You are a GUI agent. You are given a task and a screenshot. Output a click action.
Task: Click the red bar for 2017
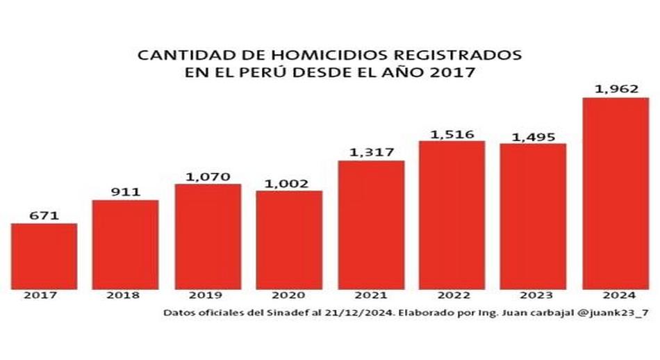coord(44,255)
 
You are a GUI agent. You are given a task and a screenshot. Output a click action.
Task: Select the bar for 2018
coord(125,243)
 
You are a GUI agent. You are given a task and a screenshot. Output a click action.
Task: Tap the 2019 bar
coord(208,236)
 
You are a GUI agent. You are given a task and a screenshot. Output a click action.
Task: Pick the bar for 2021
coord(371,224)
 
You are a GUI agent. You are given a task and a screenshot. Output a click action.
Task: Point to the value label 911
coord(125,191)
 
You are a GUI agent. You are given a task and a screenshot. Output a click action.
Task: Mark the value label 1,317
coord(371,152)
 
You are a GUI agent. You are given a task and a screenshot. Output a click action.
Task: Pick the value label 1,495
coord(533,136)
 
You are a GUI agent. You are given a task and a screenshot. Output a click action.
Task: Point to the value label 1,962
coord(616,89)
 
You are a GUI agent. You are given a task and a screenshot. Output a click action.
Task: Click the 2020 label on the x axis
coord(289,295)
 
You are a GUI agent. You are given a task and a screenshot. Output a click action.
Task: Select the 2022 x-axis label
coord(452,295)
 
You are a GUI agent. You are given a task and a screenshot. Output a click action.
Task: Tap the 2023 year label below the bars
coord(533,295)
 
